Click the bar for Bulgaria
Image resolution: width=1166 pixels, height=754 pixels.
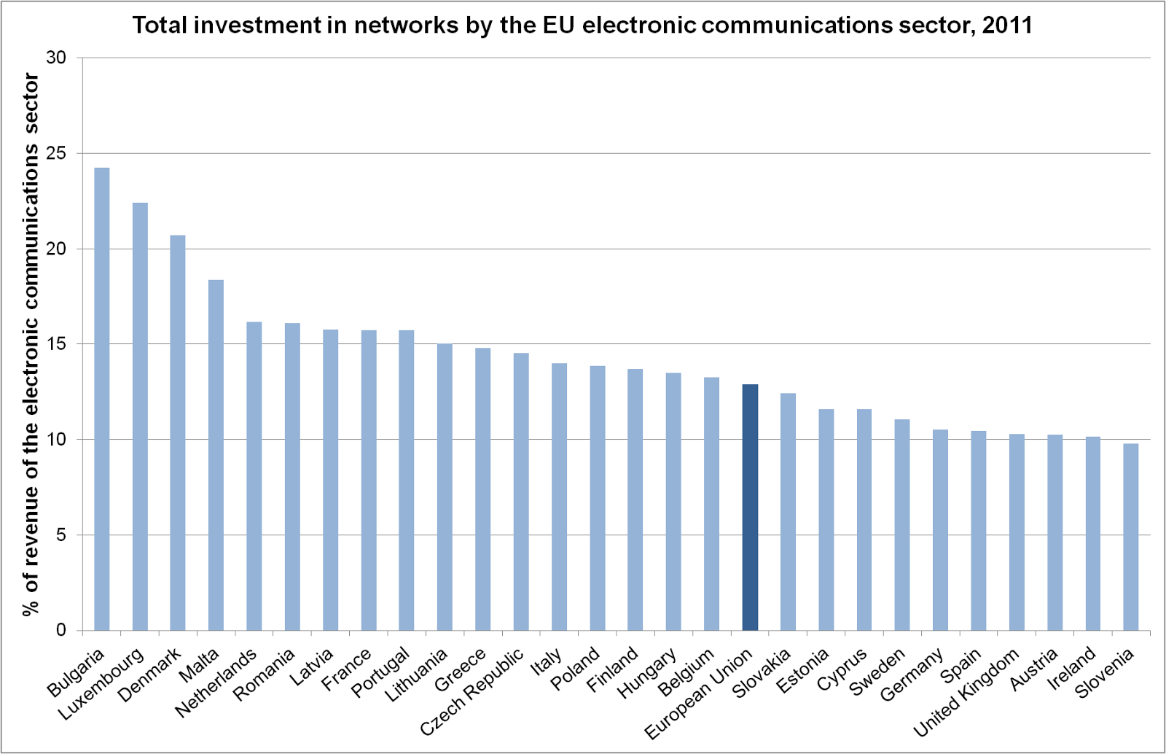[102, 399]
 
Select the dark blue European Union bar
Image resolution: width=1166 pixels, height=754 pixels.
[750, 508]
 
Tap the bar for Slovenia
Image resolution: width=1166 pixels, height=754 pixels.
[1130, 537]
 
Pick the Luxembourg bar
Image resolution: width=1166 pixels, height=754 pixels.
[140, 416]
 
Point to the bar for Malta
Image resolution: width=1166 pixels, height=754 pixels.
[216, 455]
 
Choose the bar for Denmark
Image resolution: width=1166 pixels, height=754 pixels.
[178, 432]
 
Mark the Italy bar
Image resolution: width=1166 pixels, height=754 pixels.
[559, 497]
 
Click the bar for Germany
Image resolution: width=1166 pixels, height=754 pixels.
[940, 530]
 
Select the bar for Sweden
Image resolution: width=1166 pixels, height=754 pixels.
[902, 525]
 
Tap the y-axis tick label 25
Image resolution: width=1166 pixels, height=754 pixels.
[56, 154]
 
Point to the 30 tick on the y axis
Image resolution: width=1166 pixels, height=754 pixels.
[56, 58]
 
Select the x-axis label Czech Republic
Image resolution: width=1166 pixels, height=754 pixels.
[472, 691]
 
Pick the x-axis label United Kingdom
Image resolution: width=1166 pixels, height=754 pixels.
[966, 692]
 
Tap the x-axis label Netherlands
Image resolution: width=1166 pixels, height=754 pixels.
[216, 683]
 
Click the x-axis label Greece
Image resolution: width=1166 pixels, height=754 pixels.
[460, 670]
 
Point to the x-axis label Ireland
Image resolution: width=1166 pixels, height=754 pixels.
[1072, 668]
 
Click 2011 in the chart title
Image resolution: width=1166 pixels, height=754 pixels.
[1007, 26]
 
